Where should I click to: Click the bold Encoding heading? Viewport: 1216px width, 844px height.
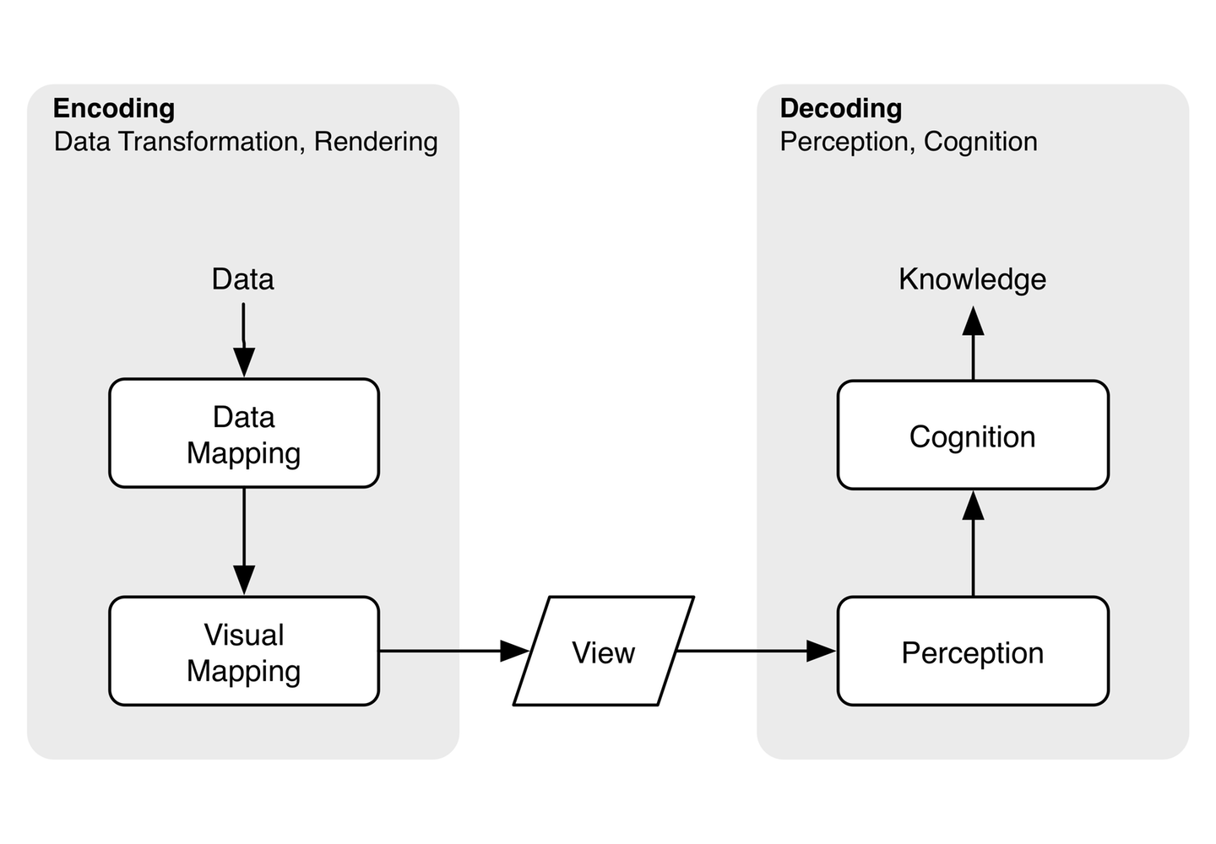click(114, 108)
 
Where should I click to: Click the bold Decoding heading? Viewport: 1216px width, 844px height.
click(840, 108)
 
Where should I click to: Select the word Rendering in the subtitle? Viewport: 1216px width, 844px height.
click(376, 142)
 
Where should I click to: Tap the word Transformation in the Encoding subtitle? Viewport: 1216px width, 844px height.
click(209, 142)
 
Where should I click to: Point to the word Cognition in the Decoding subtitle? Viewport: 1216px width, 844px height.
click(980, 142)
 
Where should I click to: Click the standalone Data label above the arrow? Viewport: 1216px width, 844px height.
click(242, 279)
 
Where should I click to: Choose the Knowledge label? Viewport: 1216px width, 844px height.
click(972, 279)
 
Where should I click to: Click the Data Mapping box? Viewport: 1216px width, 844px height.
click(244, 434)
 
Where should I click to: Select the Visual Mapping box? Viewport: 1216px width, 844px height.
click(244, 652)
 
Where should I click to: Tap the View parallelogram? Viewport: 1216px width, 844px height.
click(603, 652)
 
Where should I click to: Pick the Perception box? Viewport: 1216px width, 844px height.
click(972, 652)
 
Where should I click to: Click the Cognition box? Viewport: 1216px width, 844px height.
click(972, 436)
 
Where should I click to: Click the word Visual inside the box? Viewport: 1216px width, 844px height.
click(244, 635)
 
